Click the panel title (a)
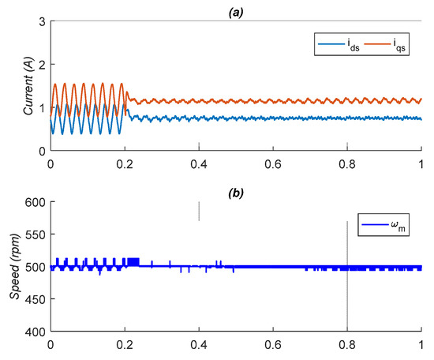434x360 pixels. (x=236, y=6)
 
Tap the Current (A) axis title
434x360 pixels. (x=28, y=85)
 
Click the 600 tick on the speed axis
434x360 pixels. (x=36, y=201)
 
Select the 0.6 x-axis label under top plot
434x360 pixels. (x=273, y=165)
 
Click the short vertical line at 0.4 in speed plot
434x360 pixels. (x=199, y=211)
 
